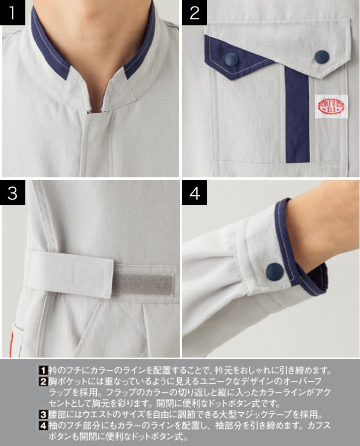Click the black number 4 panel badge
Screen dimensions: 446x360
(x=194, y=193)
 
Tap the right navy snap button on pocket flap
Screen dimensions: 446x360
(x=321, y=57)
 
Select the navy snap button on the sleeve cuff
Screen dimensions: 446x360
(x=275, y=272)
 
